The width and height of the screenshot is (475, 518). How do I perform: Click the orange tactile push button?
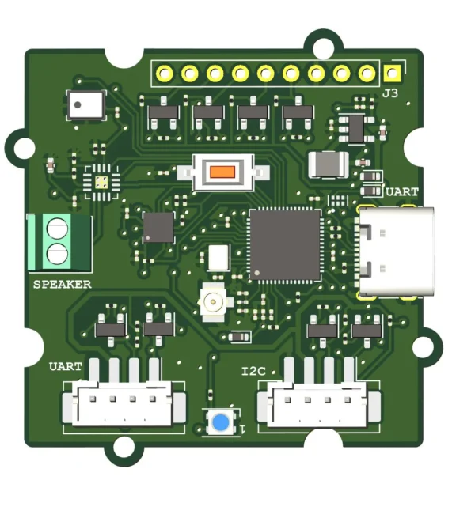tap(223, 172)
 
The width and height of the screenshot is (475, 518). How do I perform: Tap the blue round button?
tap(221, 422)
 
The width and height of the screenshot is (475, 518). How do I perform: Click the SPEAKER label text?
tap(63, 284)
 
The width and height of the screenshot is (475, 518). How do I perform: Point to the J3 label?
tap(390, 93)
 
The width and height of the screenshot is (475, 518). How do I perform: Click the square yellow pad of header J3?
tap(392, 73)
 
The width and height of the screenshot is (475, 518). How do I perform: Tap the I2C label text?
tap(253, 372)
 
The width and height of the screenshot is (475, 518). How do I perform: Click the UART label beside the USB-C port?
tap(402, 191)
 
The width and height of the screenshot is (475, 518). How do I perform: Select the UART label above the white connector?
tap(65, 366)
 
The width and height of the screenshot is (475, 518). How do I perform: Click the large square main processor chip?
tap(285, 245)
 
